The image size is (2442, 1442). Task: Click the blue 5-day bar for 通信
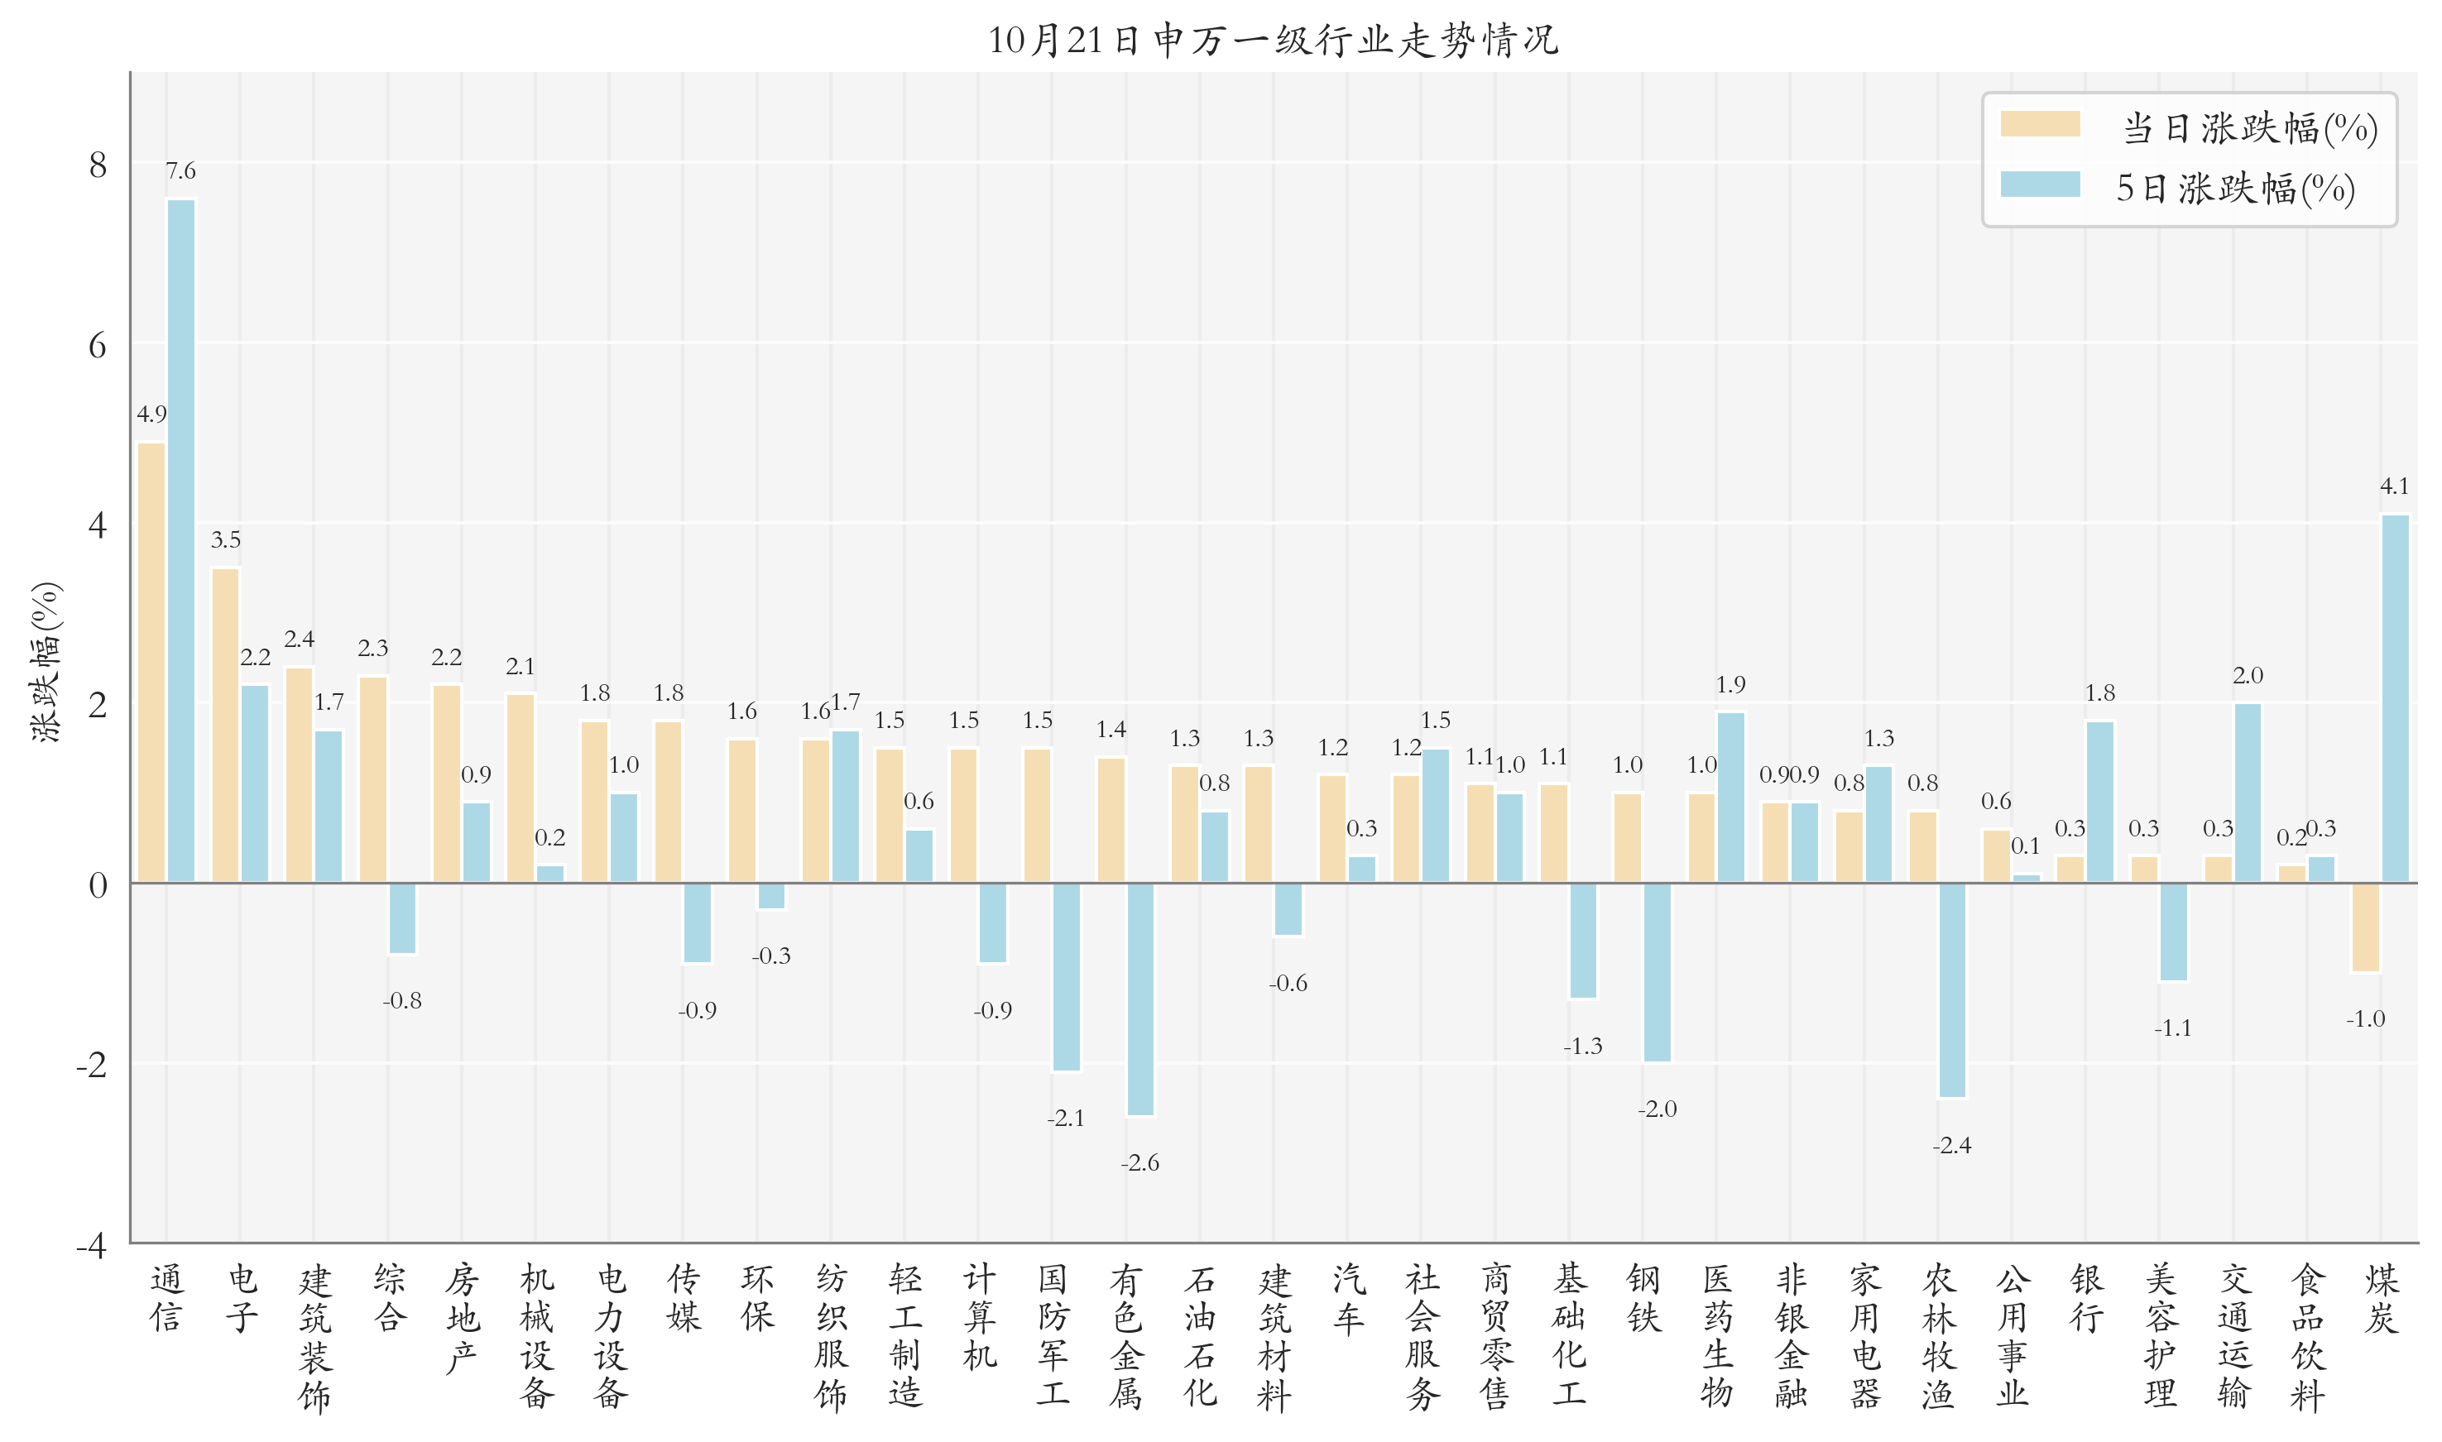tap(180, 540)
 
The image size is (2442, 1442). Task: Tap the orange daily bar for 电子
tap(225, 725)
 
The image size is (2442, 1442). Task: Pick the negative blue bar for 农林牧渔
tap(1951, 989)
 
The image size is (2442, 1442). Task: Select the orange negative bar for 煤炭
tap(2365, 927)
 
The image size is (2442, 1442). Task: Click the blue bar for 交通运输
tap(2247, 792)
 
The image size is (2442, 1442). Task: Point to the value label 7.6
tap(180, 172)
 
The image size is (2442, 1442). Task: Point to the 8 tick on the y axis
tap(98, 165)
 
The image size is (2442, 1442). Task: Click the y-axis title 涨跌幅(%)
tap(46, 663)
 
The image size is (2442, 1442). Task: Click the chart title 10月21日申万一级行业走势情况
tap(1273, 41)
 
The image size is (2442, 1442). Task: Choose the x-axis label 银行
tap(2086, 1298)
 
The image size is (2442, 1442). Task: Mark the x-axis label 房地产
tap(463, 1318)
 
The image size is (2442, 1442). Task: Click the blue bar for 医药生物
tap(1730, 797)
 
